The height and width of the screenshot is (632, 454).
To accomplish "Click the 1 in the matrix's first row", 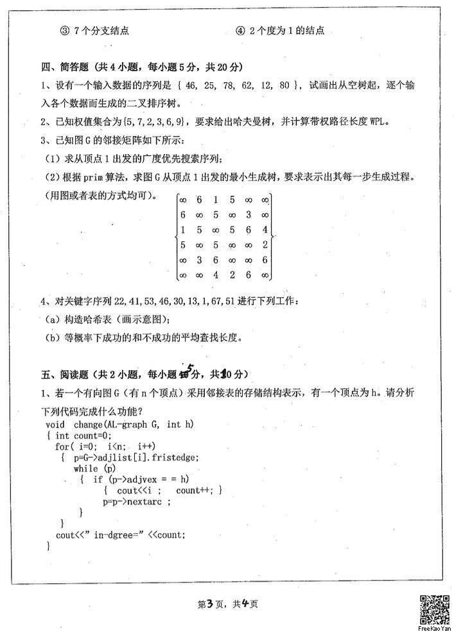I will [x=216, y=200].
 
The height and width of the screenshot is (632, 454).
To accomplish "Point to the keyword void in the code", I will [x=56, y=425].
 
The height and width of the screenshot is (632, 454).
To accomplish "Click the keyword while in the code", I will [x=86, y=468].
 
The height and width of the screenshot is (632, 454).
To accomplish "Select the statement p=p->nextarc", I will [x=136, y=502].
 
